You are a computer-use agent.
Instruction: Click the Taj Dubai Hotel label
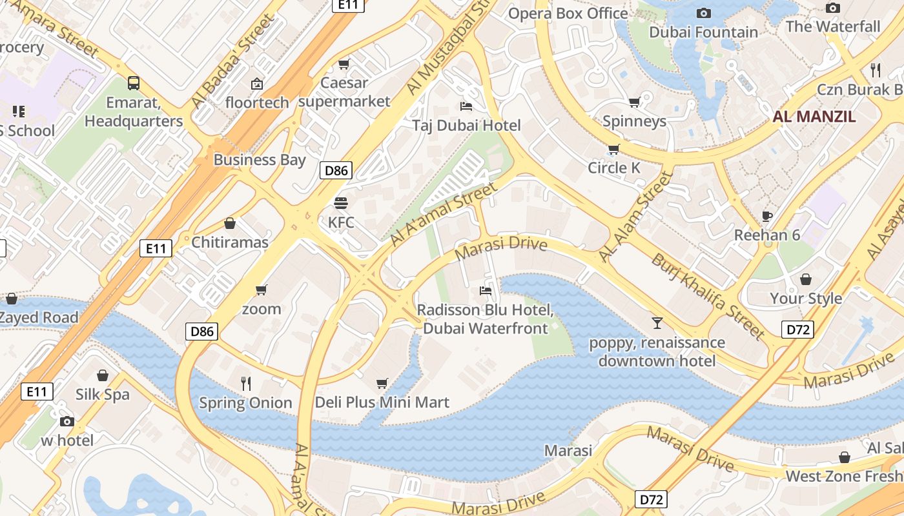click(466, 125)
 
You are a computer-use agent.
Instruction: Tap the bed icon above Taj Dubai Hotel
click(466, 106)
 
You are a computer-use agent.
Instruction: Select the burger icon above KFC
click(341, 203)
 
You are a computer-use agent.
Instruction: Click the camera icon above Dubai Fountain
click(704, 13)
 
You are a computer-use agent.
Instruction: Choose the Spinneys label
click(634, 121)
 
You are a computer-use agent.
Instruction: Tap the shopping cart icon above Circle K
click(613, 149)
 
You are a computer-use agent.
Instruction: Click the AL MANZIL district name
click(814, 117)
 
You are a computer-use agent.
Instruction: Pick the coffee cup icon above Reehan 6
click(767, 216)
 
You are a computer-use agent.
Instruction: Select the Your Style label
click(806, 298)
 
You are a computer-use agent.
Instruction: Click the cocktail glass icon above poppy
click(657, 322)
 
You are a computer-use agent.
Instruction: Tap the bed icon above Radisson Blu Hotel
click(486, 291)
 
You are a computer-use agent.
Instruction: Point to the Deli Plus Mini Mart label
click(382, 402)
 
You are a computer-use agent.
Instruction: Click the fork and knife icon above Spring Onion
click(246, 384)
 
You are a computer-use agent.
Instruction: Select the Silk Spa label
click(103, 394)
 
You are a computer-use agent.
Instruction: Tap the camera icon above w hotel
click(67, 422)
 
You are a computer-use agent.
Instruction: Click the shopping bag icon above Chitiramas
click(230, 224)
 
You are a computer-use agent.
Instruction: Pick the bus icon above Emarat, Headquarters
click(134, 83)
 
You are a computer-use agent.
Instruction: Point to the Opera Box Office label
click(568, 13)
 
